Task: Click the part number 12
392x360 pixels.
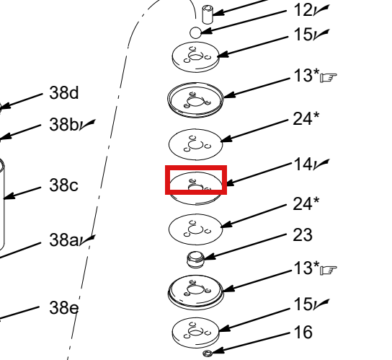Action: click(x=303, y=11)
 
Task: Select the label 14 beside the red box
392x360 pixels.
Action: click(x=303, y=164)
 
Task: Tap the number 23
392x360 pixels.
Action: click(x=303, y=234)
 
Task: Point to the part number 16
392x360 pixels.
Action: click(x=303, y=332)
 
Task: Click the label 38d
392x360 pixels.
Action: click(x=64, y=93)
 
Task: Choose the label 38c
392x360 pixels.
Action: click(x=63, y=185)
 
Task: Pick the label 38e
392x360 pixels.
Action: click(x=64, y=307)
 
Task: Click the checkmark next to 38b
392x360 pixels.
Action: click(x=87, y=125)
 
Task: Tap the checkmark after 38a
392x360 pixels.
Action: click(x=87, y=240)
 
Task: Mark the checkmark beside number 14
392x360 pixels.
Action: click(x=321, y=164)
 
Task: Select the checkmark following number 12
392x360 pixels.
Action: click(x=321, y=11)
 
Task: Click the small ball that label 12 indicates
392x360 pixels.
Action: click(x=195, y=32)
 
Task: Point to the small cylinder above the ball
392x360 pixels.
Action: click(x=208, y=14)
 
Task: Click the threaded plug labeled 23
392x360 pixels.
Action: click(x=195, y=260)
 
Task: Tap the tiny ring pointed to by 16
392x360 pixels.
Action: click(x=207, y=354)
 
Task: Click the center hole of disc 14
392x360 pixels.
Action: click(x=196, y=188)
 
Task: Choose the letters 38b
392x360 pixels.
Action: click(x=64, y=125)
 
